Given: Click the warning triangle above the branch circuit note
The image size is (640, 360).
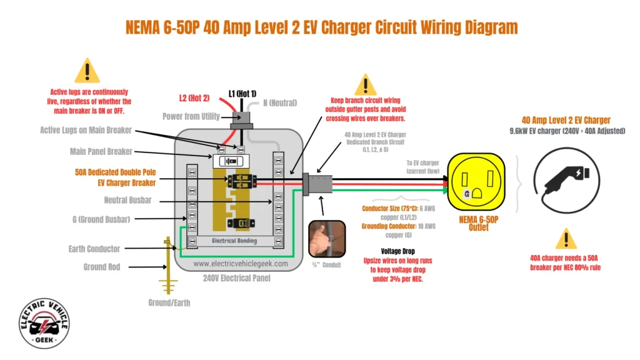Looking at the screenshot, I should point(366,84).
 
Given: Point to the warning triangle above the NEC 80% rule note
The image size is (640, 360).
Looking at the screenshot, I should point(566,239).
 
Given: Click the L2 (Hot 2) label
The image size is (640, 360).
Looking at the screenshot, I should point(194,98).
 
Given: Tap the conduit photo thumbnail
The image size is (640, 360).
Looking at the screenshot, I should point(327,238).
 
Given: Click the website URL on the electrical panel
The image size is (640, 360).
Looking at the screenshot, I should point(241,264).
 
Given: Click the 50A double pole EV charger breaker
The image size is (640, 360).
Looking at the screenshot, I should point(239,181).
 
